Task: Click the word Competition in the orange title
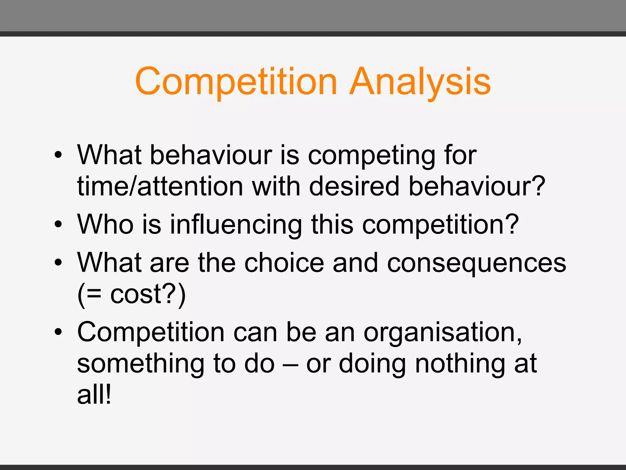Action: point(236,82)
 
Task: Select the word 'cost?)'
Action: point(148,294)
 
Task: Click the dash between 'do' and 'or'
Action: point(290,364)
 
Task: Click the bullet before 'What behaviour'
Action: point(58,155)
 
